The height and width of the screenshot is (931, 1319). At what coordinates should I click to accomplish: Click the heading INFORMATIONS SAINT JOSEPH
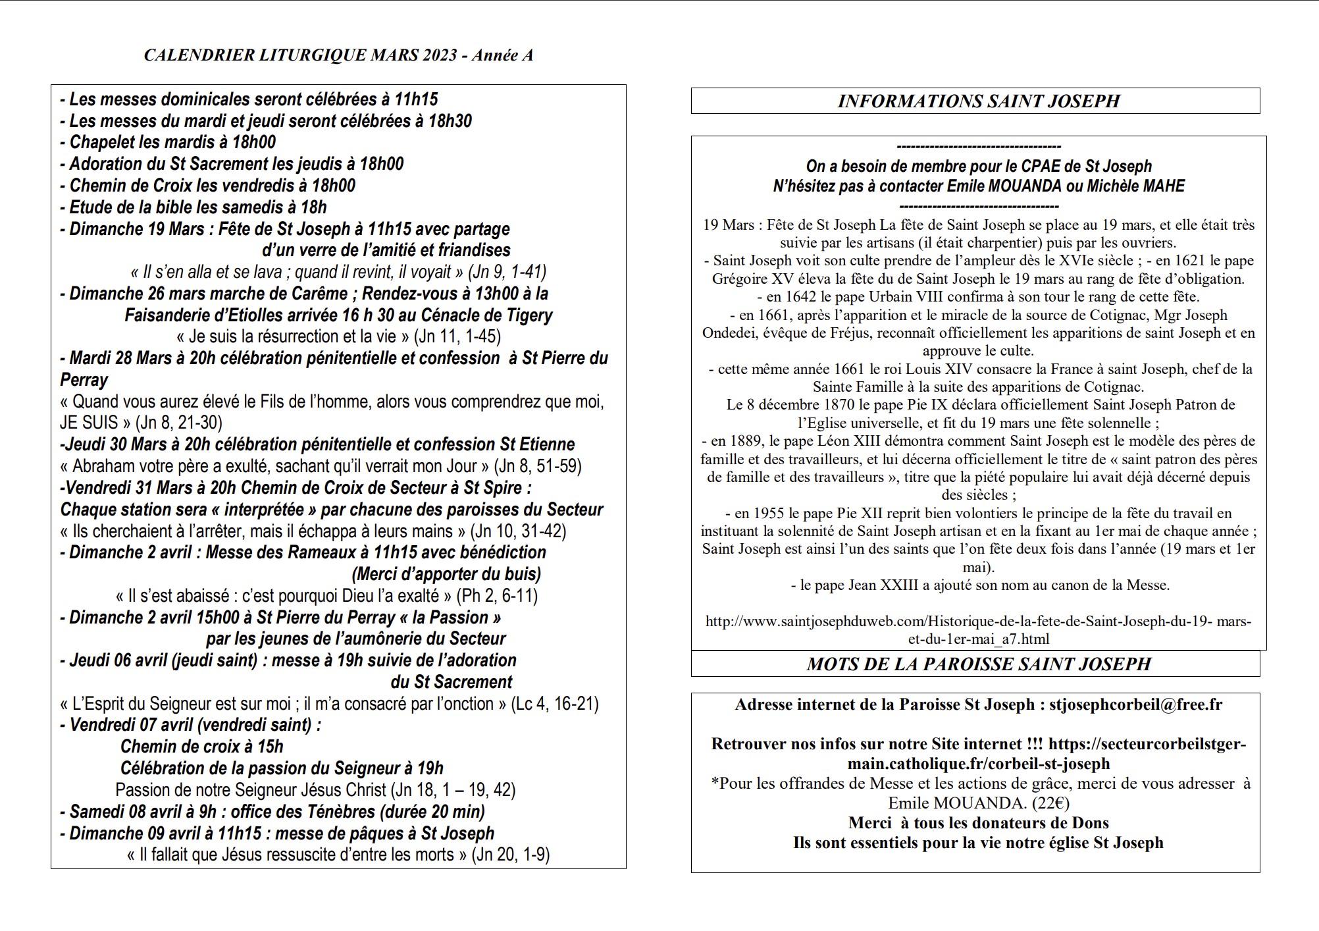978,101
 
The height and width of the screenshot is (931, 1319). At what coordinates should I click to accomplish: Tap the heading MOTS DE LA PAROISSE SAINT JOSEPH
979,664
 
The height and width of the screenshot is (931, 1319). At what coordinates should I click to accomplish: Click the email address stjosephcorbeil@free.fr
1135,705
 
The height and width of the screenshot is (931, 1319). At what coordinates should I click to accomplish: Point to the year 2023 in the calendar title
432,55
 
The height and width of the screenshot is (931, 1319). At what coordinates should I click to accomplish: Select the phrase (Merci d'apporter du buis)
446,574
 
